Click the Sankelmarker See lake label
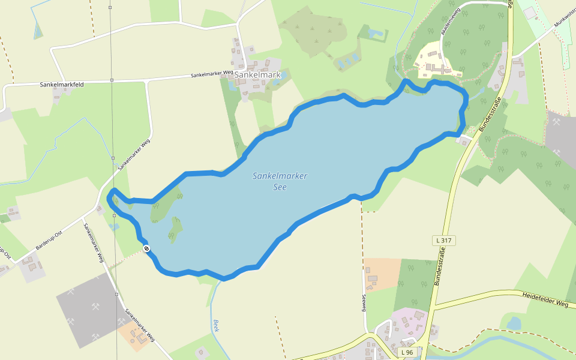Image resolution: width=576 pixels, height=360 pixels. (x=280, y=181)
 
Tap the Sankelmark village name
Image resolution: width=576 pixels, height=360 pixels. (x=257, y=75)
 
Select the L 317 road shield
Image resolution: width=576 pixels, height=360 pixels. (x=443, y=240)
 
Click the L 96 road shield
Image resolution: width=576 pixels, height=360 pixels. (x=407, y=352)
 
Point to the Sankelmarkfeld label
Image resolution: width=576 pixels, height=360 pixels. (x=61, y=85)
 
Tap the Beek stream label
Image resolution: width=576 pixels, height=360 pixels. (x=216, y=326)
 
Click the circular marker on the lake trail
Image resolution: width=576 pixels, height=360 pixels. (x=146, y=248)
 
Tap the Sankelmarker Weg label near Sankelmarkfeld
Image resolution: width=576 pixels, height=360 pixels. (x=212, y=74)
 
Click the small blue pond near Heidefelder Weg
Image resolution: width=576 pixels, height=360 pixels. (x=514, y=323)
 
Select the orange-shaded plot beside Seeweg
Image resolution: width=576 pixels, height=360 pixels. (x=382, y=274)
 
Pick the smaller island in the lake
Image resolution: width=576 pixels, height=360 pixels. (x=176, y=227)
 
